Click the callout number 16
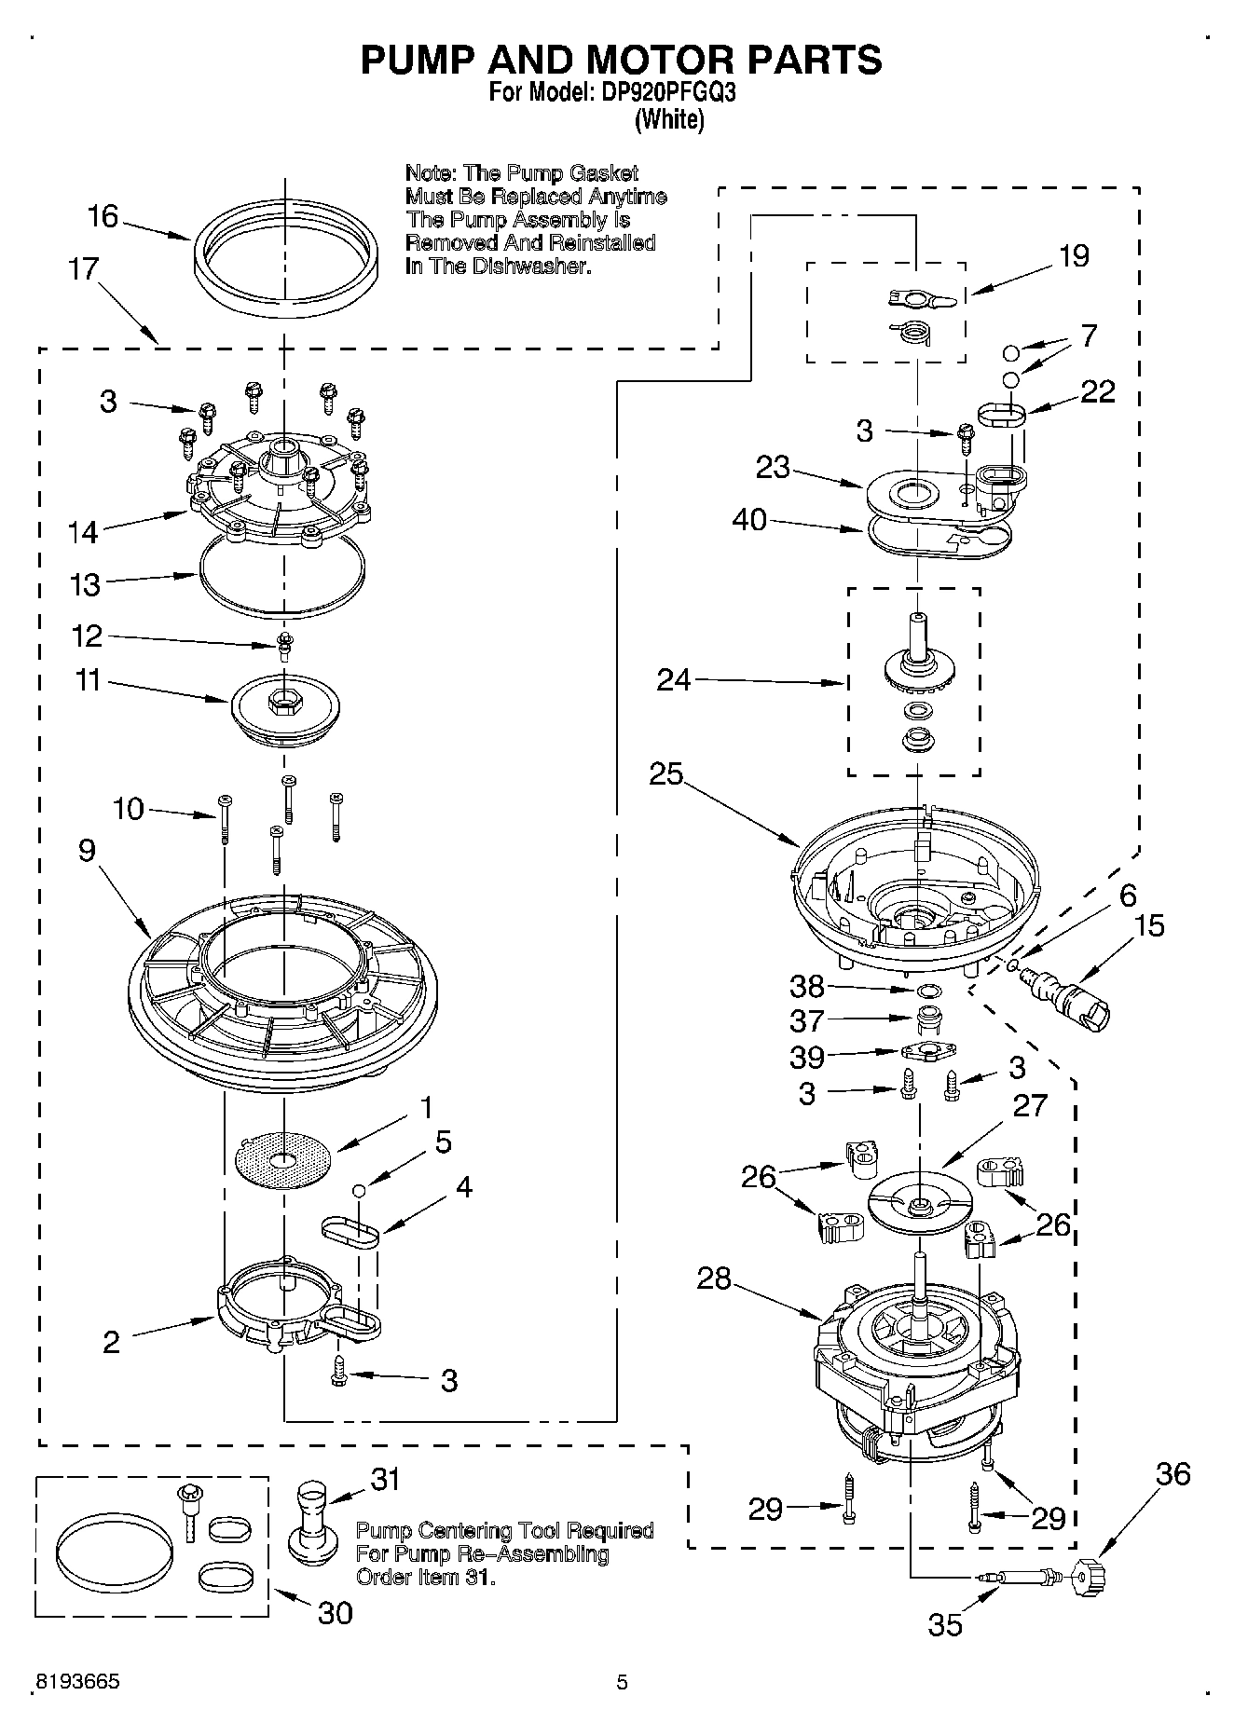click(103, 217)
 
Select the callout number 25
click(666, 774)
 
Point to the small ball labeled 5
click(358, 1190)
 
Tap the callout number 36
click(1173, 1473)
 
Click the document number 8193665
click(75, 1682)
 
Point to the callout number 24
click(673, 680)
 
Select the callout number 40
click(749, 519)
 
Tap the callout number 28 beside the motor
click(714, 1279)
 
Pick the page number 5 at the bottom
click(622, 1682)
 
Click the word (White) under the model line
click(668, 119)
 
